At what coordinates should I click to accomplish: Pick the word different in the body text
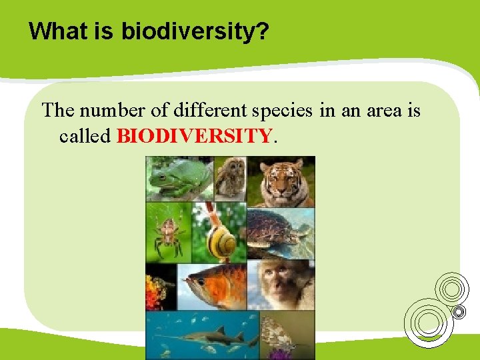(x=203, y=110)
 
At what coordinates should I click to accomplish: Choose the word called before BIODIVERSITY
(x=85, y=136)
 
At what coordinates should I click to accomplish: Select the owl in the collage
(x=230, y=177)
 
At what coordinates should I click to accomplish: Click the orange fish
(x=217, y=285)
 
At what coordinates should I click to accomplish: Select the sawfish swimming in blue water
(x=200, y=335)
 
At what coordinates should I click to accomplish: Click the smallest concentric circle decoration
(x=459, y=311)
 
